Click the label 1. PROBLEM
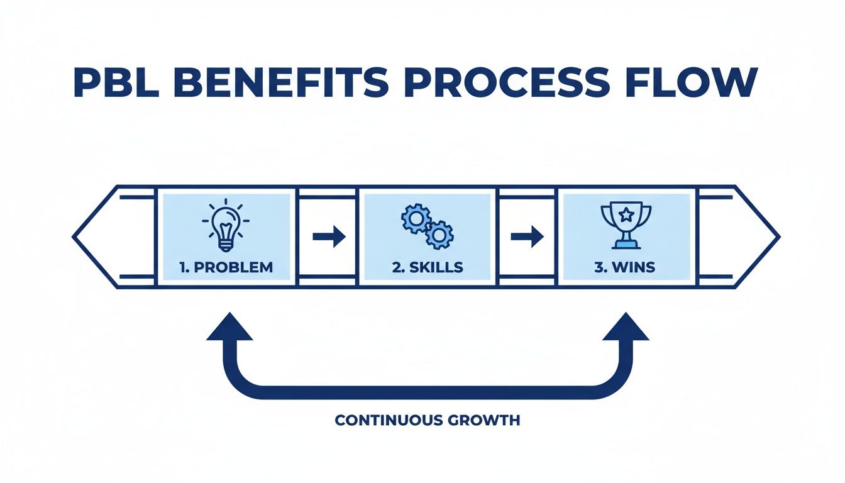(x=226, y=267)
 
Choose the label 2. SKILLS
(x=428, y=267)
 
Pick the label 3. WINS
(x=625, y=267)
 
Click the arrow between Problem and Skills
(x=329, y=237)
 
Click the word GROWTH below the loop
(x=486, y=420)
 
